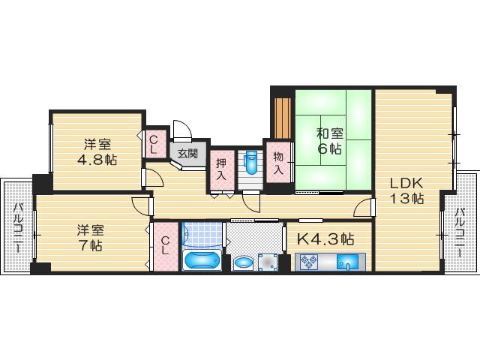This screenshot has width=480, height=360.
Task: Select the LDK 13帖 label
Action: pyautogui.click(x=406, y=190)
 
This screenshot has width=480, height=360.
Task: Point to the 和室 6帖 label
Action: pyautogui.click(x=329, y=141)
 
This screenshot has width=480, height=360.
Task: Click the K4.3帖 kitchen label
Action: pyautogui.click(x=325, y=239)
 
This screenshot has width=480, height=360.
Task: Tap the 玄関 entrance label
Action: pyautogui.click(x=187, y=154)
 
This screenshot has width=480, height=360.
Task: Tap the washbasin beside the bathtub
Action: pyautogui.click(x=243, y=262)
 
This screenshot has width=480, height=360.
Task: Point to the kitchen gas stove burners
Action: pyautogui.click(x=309, y=262)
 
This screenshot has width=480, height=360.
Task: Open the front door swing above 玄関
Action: pyautogui.click(x=182, y=131)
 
